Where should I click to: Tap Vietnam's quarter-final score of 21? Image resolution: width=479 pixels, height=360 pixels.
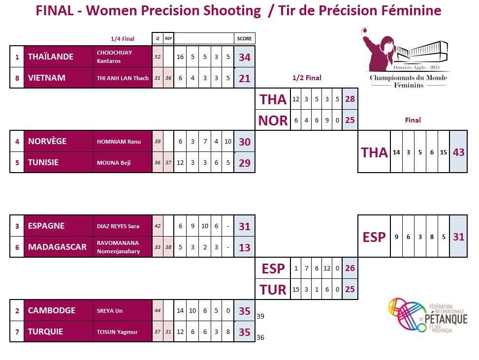245,78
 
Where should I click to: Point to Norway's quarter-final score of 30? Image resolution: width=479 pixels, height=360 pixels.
245,142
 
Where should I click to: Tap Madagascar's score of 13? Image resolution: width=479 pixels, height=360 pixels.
245,247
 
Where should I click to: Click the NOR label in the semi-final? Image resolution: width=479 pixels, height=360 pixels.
273,120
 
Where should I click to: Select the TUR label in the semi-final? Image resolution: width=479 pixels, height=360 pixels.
273,290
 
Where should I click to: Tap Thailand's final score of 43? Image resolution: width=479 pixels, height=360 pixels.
458,152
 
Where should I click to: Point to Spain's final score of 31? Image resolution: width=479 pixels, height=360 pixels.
458,237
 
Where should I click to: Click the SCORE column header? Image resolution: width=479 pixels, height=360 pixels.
245,39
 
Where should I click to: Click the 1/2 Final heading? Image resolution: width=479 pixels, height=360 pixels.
306,78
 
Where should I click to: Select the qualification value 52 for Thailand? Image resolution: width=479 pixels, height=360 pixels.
158,57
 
